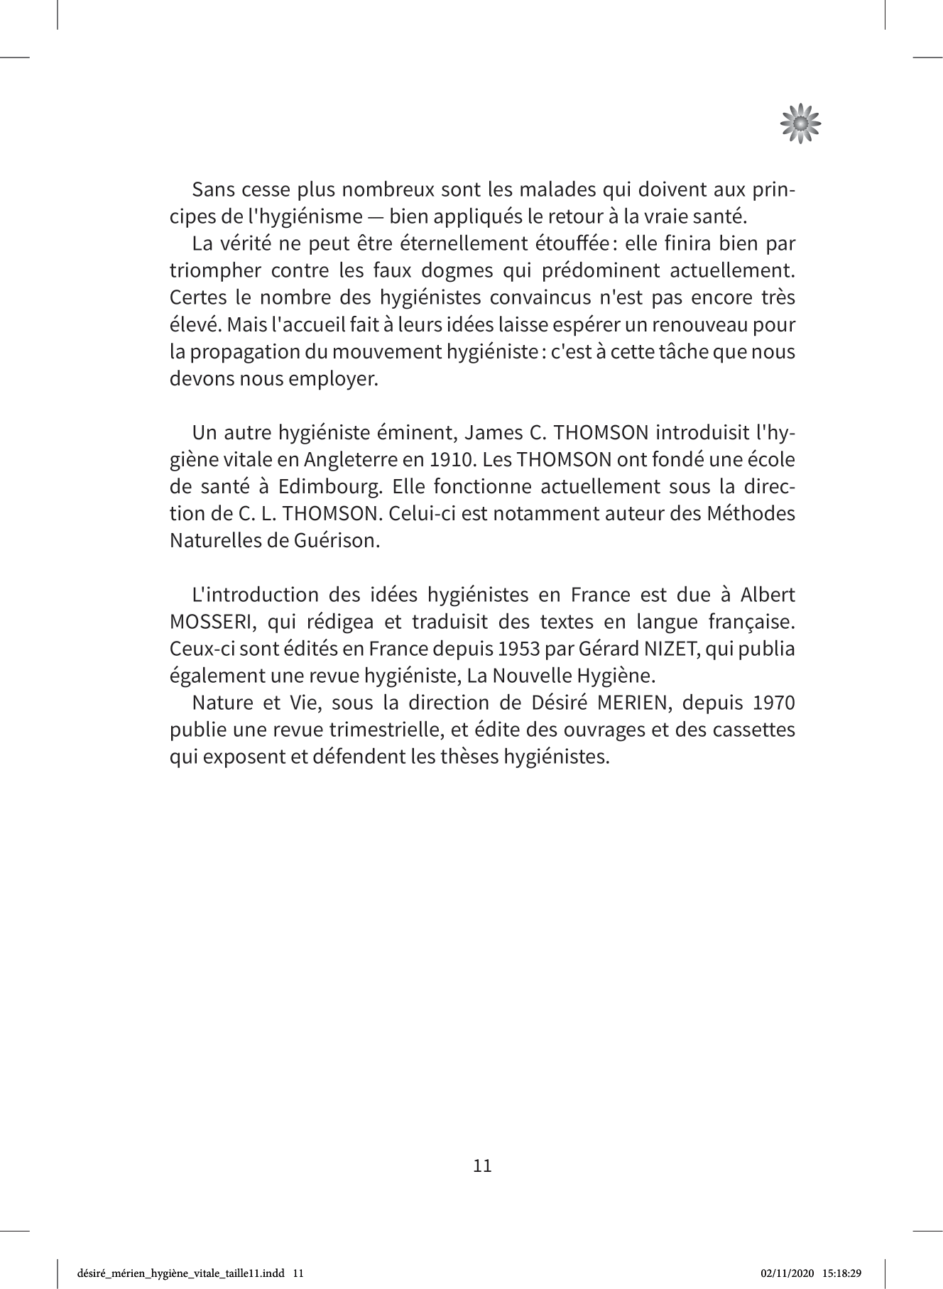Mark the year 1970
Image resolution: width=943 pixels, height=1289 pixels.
click(773, 703)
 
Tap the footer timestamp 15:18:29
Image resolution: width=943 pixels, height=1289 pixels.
click(843, 1273)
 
